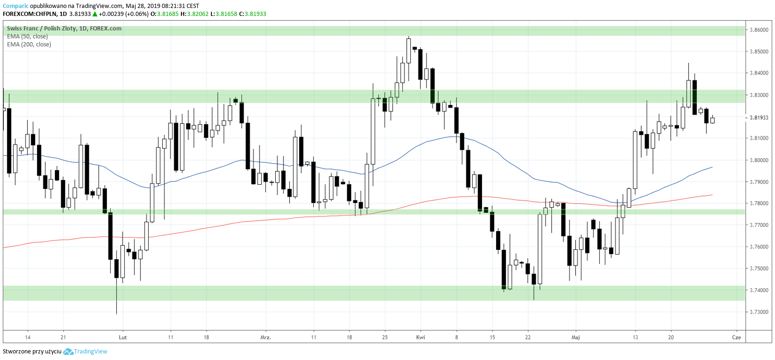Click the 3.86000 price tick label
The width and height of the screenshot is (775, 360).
(x=759, y=30)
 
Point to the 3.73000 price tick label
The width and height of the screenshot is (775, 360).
(x=759, y=312)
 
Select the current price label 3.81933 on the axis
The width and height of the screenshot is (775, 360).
(x=759, y=118)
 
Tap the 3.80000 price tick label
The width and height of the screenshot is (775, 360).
(x=759, y=160)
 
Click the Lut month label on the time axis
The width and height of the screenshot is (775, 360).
(x=122, y=337)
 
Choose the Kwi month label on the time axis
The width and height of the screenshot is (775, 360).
(x=421, y=337)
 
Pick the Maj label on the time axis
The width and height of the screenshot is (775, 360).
(x=575, y=337)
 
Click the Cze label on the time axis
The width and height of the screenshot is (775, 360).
(x=737, y=337)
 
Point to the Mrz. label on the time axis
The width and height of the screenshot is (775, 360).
(x=265, y=337)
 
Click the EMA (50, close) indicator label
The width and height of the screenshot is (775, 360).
(x=27, y=37)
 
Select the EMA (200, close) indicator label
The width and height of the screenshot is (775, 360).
(x=29, y=45)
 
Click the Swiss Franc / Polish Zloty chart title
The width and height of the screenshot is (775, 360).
(x=64, y=29)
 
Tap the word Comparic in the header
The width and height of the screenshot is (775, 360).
(x=15, y=6)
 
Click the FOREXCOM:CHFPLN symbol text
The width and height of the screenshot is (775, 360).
(x=30, y=14)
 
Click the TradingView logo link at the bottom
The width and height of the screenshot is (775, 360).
(x=85, y=352)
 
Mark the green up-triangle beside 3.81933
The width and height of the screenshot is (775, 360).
(x=95, y=14)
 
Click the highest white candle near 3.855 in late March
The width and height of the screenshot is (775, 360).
(x=409, y=51)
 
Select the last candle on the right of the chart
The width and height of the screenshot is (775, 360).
(x=713, y=120)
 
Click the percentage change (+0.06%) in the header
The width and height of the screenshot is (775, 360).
(x=137, y=14)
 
